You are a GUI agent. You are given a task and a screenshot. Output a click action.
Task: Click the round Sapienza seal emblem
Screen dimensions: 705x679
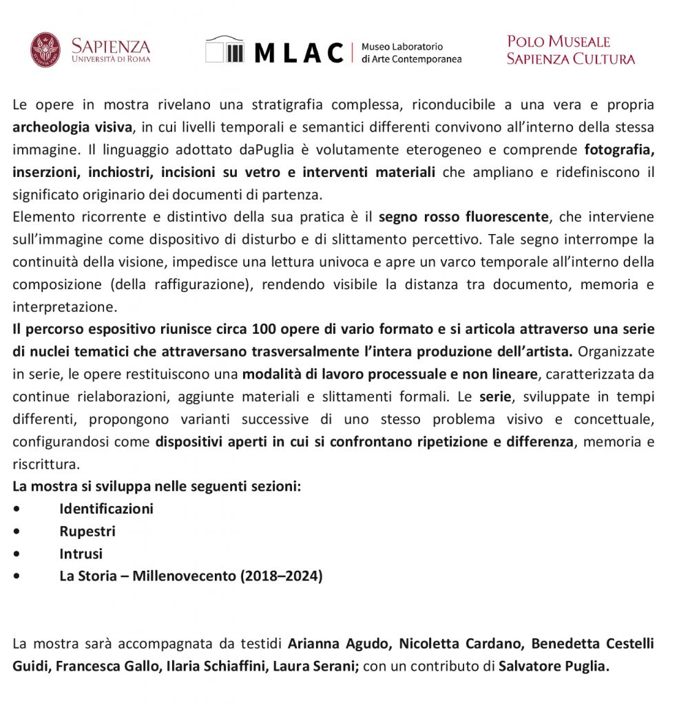click(x=45, y=50)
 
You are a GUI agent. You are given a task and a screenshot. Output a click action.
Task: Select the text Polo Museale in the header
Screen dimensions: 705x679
click(x=558, y=42)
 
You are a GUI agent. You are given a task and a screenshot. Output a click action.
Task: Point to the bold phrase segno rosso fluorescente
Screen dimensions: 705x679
click(x=464, y=218)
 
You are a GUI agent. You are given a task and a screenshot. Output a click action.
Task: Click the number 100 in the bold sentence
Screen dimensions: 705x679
click(x=264, y=329)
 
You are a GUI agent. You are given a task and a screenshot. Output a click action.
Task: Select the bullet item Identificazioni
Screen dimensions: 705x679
click(x=106, y=509)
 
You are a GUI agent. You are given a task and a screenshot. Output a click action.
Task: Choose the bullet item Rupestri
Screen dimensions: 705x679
click(x=87, y=532)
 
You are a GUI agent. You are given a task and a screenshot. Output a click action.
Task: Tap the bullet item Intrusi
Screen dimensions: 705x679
click(x=81, y=554)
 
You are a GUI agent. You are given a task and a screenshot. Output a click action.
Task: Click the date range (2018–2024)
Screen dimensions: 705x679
click(x=281, y=576)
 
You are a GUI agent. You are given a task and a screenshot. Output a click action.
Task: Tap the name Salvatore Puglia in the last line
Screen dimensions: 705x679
click(x=554, y=666)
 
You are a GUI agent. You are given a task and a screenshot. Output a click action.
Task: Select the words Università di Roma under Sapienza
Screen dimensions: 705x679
click(x=110, y=59)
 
